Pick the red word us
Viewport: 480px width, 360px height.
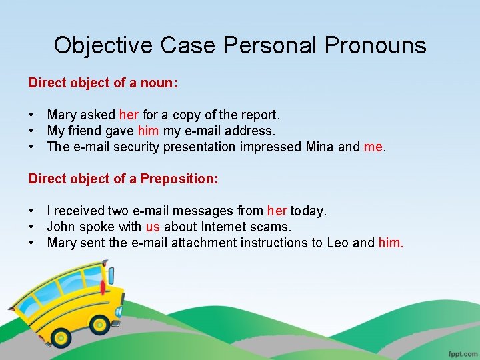153,227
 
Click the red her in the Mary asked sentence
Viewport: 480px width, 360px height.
129,115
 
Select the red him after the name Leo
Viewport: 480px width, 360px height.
390,243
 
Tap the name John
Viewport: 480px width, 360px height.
61,227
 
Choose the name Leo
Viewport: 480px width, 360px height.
337,243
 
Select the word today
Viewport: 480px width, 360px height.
308,211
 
